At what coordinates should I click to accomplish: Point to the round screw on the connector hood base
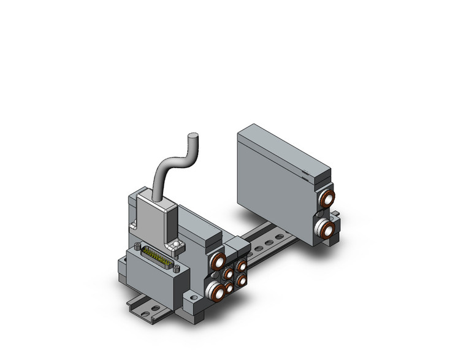[177, 245]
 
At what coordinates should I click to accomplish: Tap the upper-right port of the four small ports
[242, 266]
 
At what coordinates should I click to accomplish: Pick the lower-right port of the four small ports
[242, 280]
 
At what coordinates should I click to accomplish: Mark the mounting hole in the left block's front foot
[193, 304]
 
